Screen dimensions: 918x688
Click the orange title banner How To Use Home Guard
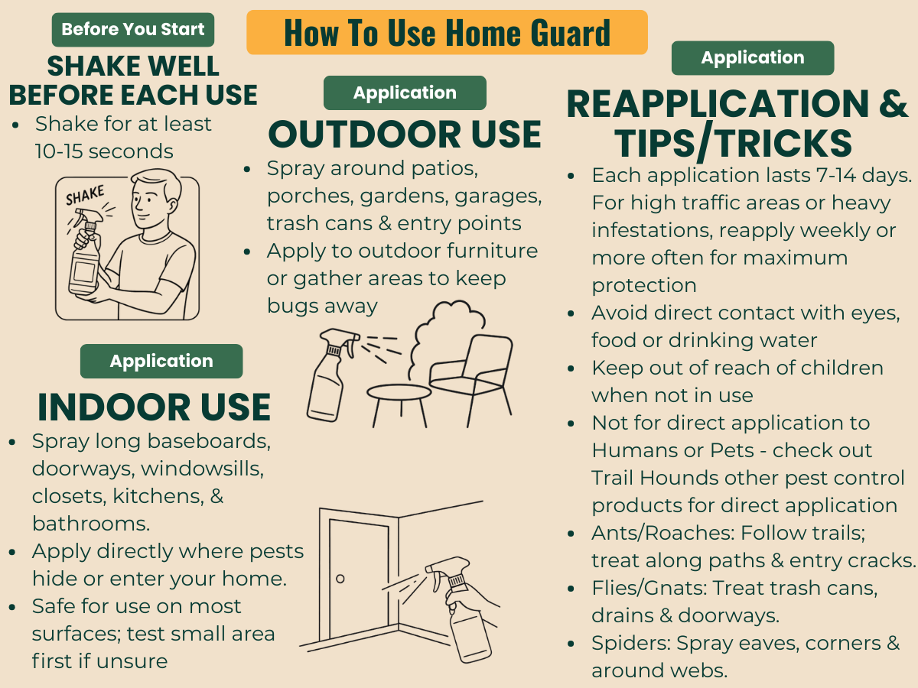click(447, 32)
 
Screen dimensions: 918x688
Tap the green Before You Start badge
click(133, 30)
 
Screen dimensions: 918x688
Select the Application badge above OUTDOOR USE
click(405, 92)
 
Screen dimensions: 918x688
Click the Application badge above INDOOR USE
click(161, 361)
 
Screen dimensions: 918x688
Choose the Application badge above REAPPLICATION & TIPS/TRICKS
click(753, 57)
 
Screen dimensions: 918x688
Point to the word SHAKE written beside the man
click(86, 196)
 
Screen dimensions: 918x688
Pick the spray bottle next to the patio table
click(330, 375)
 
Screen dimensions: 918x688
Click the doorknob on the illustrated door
click(340, 579)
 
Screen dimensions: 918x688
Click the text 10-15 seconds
click(104, 151)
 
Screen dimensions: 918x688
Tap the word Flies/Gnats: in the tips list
click(649, 588)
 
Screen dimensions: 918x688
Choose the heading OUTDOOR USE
click(405, 134)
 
